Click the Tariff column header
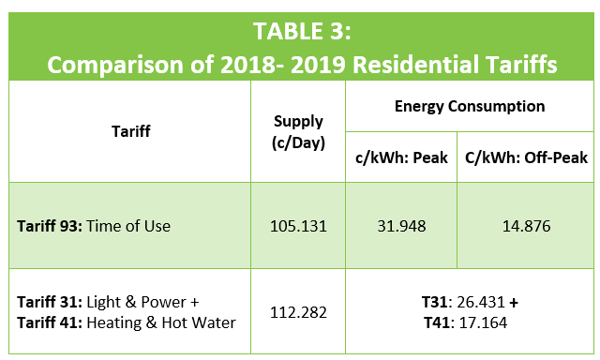click(129, 131)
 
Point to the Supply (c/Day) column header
click(298, 131)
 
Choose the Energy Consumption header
click(469, 106)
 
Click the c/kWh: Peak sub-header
click(402, 157)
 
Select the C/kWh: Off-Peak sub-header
click(526, 157)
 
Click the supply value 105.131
click(298, 226)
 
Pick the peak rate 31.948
click(402, 226)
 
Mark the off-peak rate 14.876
click(526, 226)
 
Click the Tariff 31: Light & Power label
click(109, 302)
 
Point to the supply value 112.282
click(298, 312)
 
